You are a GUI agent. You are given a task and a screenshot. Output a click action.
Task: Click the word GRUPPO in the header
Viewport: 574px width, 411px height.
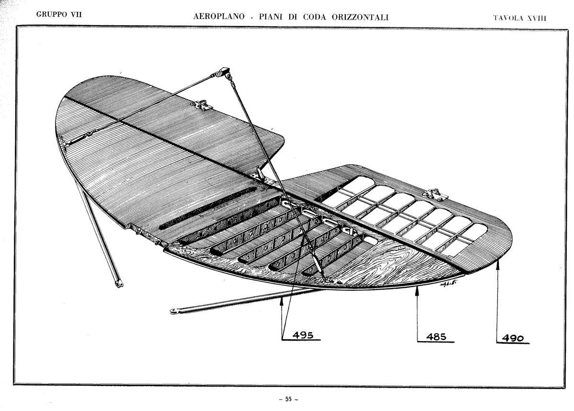51,14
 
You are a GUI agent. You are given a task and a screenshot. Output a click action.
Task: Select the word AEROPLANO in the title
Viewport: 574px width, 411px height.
219,17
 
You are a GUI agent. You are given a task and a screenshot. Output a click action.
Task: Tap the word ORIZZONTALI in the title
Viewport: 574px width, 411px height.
360,17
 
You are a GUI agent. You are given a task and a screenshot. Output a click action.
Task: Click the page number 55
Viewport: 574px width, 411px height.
288,399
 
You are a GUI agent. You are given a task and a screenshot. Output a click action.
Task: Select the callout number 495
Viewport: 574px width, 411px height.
303,335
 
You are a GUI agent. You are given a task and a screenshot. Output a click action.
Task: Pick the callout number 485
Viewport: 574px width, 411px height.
436,337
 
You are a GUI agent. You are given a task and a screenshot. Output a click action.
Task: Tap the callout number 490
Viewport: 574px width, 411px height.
513,338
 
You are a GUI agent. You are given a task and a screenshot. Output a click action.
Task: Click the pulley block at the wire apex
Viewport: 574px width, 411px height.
223,72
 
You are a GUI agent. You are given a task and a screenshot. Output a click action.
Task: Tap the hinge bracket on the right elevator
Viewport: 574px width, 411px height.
435,195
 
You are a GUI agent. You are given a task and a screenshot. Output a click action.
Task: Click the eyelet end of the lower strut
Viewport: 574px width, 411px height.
174,311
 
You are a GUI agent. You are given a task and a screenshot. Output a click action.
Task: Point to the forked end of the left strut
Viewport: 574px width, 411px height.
120,284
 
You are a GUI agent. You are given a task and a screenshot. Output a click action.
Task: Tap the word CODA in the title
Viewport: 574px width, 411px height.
314,17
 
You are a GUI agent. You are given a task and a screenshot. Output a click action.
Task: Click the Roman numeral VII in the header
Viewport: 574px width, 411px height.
76,14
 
